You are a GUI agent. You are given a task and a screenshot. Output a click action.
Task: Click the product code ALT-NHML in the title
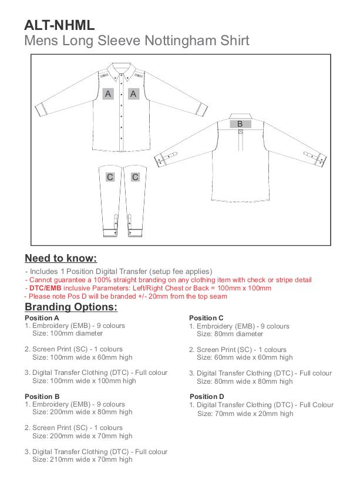click(59, 25)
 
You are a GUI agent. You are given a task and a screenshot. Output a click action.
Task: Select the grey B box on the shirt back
click(240, 124)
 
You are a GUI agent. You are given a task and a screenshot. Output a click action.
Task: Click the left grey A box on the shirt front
click(107, 93)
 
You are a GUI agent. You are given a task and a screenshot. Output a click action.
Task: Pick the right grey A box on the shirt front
click(133, 93)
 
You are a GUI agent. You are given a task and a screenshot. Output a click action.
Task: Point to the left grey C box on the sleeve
click(110, 177)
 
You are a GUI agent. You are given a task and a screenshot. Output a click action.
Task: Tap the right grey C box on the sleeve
click(135, 177)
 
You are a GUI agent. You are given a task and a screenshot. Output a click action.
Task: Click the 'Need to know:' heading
click(60, 258)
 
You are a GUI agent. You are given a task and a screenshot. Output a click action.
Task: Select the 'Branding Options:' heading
click(71, 307)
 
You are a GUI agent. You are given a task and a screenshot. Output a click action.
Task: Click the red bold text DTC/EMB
click(45, 288)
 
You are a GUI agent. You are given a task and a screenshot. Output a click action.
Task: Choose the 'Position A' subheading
click(42, 318)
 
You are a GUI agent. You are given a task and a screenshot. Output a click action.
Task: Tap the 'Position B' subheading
click(42, 397)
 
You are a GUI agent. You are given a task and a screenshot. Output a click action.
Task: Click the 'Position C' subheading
click(206, 318)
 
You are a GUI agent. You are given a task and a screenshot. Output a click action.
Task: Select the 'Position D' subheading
click(207, 397)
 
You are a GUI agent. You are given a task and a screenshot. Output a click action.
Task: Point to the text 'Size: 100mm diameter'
click(67, 333)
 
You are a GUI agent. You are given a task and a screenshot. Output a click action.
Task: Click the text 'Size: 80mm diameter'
click(230, 333)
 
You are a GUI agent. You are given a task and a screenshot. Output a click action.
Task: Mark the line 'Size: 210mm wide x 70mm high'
click(82, 459)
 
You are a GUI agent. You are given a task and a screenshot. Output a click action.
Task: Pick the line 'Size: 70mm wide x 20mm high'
click(245, 413)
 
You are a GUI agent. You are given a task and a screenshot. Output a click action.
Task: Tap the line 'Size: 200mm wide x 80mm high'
click(82, 412)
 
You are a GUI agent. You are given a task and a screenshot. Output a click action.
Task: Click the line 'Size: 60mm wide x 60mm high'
click(244, 357)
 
